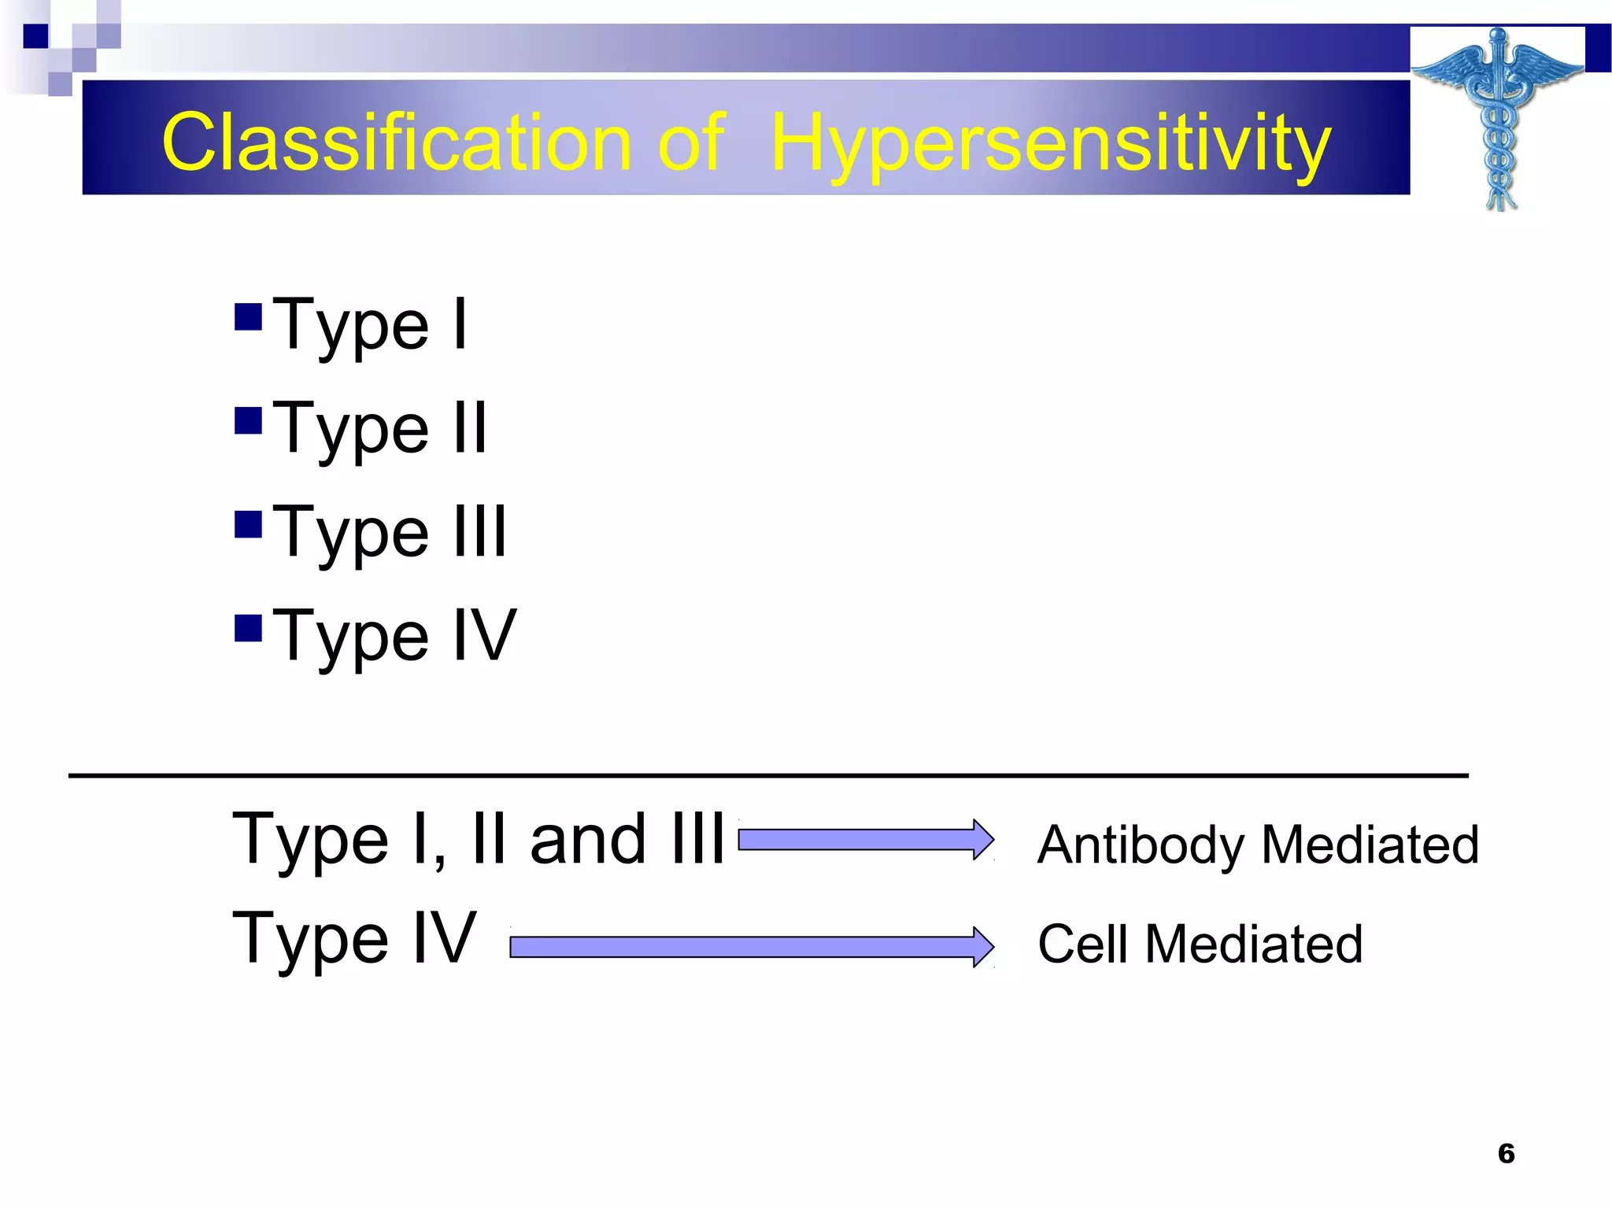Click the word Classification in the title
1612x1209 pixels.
pos(396,142)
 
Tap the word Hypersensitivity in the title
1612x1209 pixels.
pos(1050,144)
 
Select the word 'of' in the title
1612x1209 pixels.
pos(690,142)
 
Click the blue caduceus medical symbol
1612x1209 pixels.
pos(1498,118)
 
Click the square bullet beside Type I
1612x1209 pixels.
pos(248,317)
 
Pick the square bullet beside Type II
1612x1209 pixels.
pos(248,420)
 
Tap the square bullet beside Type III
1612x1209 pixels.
pos(248,524)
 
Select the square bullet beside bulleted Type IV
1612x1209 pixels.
pos(248,628)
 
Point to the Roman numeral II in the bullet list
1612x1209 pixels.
pos(470,428)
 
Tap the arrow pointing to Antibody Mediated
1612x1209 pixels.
pos(866,840)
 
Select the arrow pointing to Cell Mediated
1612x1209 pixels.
pos(752,947)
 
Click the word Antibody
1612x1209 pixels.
pos(1143,845)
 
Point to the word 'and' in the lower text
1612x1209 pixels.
pos(588,840)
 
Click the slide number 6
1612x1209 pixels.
pos(1506,1153)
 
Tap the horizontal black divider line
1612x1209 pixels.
pos(767,776)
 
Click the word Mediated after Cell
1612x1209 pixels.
pos(1253,944)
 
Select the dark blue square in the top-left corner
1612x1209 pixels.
pos(35,36)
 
